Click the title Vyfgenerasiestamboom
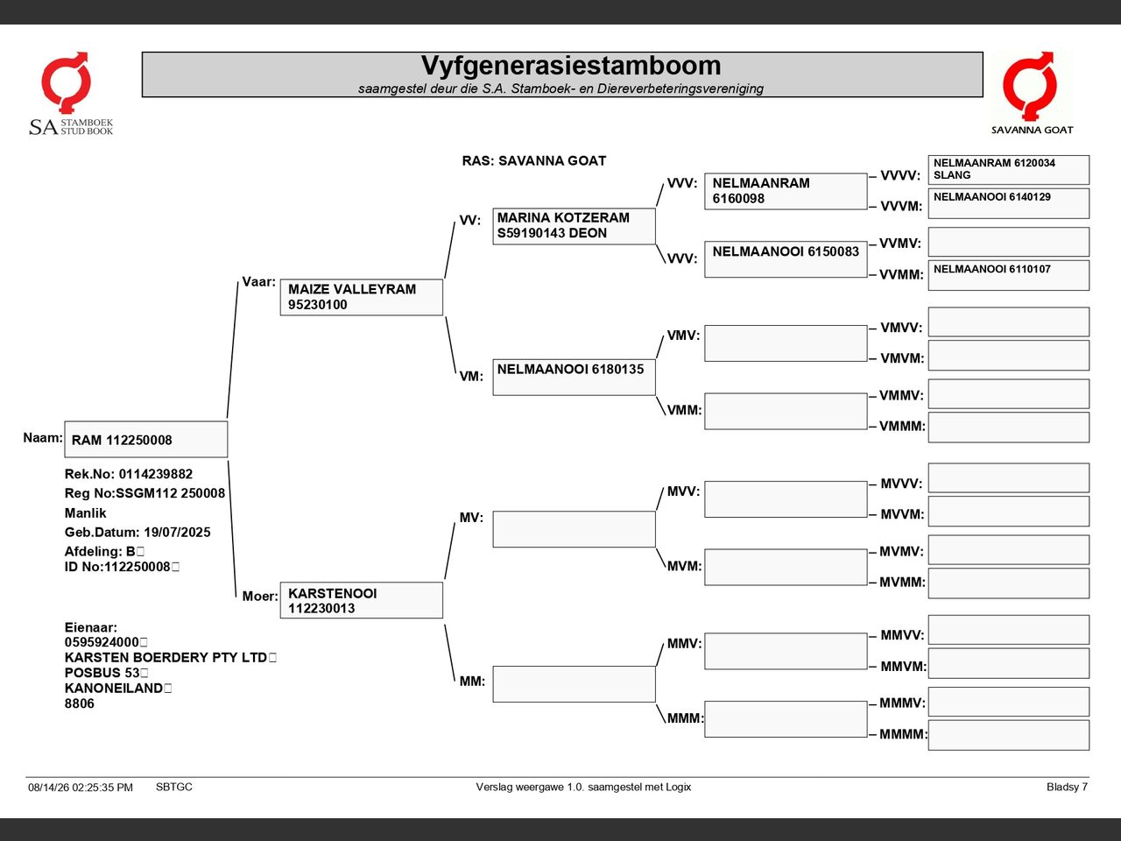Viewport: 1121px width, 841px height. pyautogui.click(x=571, y=66)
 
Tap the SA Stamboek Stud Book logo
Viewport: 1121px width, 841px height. pyautogui.click(x=70, y=94)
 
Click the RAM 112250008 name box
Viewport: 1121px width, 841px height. pyautogui.click(x=146, y=439)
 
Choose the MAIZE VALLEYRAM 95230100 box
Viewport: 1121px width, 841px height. pyautogui.click(x=362, y=297)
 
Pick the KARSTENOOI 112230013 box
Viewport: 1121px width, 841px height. pyautogui.click(x=362, y=600)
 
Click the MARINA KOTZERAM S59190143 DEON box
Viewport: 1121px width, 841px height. pyautogui.click(x=574, y=226)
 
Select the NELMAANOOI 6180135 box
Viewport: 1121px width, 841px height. pyautogui.click(x=574, y=378)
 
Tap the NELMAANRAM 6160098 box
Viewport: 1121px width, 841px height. pyautogui.click(x=786, y=192)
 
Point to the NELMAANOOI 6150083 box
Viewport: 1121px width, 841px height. pyautogui.click(x=786, y=259)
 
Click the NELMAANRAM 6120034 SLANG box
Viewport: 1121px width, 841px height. pyautogui.click(x=1009, y=170)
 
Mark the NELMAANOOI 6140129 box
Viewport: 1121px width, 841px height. pyautogui.click(x=1009, y=204)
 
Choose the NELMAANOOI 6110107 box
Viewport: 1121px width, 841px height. pyautogui.click(x=1009, y=276)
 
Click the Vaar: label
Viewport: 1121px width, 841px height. pyautogui.click(x=258, y=282)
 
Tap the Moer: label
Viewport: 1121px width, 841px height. pyautogui.click(x=260, y=596)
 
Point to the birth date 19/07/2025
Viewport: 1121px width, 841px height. pyautogui.click(x=177, y=532)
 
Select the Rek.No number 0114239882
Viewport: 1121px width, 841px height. pyautogui.click(x=156, y=474)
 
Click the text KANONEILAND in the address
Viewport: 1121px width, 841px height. pyautogui.click(x=113, y=688)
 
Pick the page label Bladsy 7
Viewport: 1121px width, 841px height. pyautogui.click(x=1067, y=787)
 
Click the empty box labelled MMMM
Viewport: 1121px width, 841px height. pyautogui.click(x=1009, y=735)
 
